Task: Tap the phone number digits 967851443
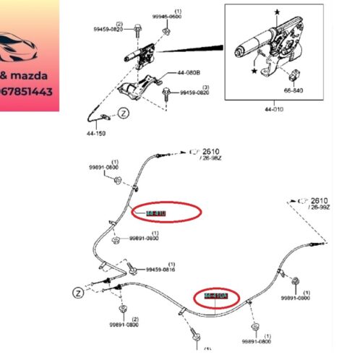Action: click(29, 92)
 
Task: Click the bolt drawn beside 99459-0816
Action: click(132, 269)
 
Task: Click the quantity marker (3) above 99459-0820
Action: click(205, 87)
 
